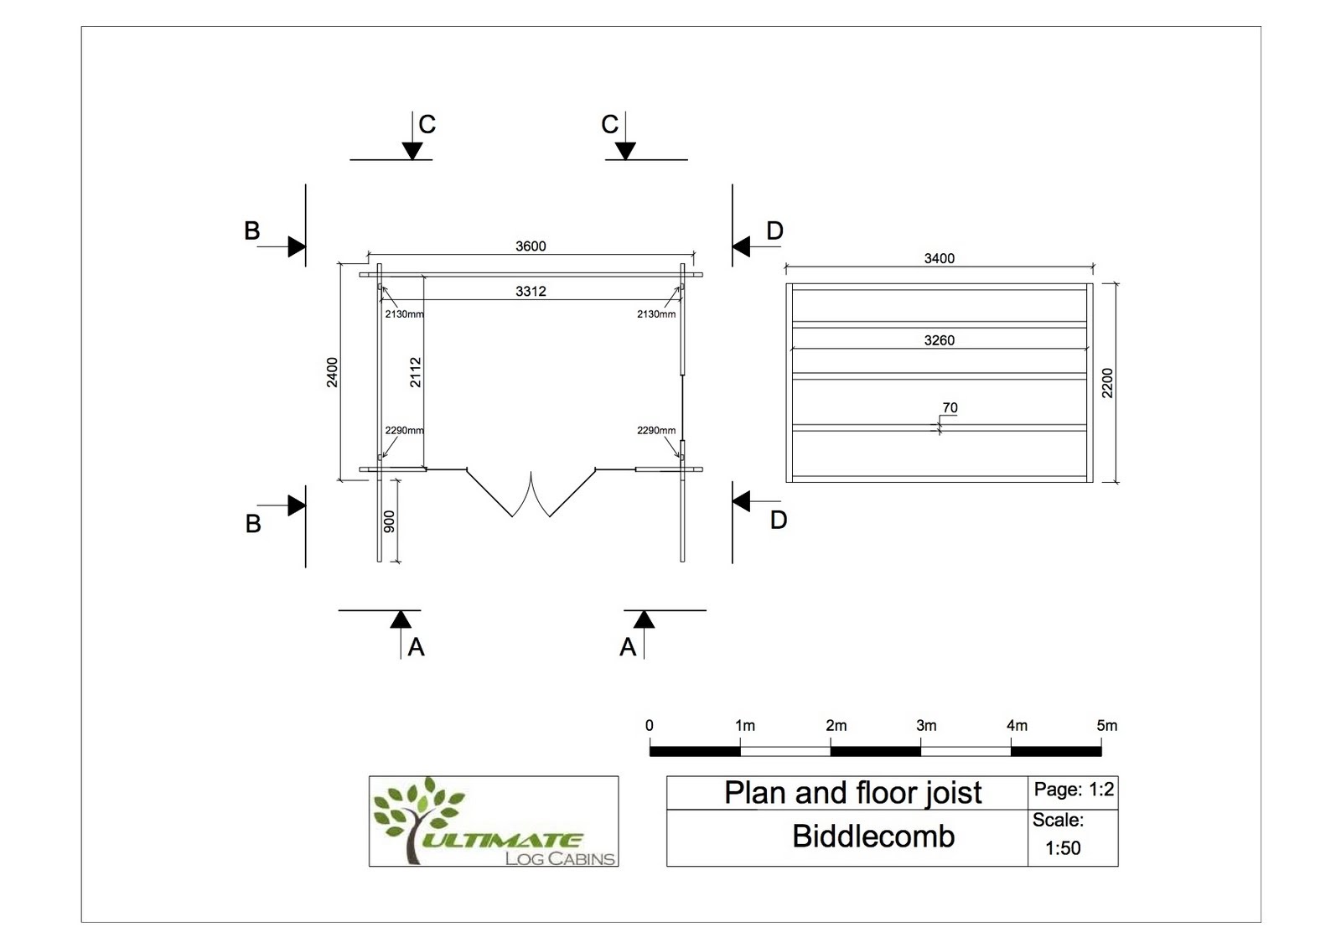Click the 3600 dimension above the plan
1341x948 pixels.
click(x=531, y=246)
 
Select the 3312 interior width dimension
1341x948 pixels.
click(x=531, y=291)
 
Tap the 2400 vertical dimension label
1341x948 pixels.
click(x=332, y=372)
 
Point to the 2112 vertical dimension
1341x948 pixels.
click(x=416, y=372)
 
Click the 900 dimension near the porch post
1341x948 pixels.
click(x=389, y=521)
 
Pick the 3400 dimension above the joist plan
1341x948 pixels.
click(x=940, y=259)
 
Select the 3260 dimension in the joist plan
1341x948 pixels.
click(x=940, y=340)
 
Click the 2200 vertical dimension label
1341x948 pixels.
click(x=1107, y=383)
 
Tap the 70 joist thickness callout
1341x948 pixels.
click(x=950, y=408)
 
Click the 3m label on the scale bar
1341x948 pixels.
click(x=926, y=726)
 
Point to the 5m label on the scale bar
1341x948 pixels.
click(x=1107, y=726)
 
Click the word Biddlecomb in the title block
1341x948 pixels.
click(x=873, y=837)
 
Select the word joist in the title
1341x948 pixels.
click(x=951, y=794)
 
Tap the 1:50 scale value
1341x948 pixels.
click(x=1063, y=848)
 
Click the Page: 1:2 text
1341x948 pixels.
click(x=1074, y=790)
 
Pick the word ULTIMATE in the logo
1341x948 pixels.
click(x=503, y=840)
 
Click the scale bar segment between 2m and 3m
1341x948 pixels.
click(x=875, y=752)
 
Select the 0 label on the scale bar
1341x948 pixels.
click(x=649, y=726)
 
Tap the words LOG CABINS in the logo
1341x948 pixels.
click(x=561, y=859)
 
